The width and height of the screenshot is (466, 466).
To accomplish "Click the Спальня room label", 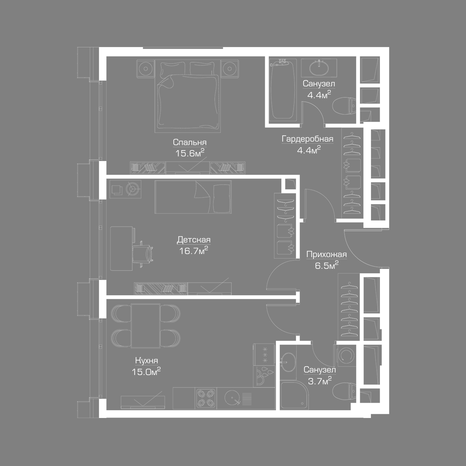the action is (x=190, y=142).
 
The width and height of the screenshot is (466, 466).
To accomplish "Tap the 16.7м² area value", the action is (x=193, y=251).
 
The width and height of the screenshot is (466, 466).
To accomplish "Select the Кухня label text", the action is (x=146, y=360).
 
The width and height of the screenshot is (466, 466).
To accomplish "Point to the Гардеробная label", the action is (x=307, y=139).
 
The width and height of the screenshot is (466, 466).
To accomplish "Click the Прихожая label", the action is (x=326, y=254).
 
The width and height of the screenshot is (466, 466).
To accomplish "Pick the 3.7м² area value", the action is (x=320, y=381).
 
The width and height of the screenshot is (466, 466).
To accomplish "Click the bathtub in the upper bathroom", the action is (x=283, y=90).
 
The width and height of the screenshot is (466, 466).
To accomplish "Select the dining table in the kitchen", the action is (x=145, y=326).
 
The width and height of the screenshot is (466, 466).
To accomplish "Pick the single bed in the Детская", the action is (x=193, y=197).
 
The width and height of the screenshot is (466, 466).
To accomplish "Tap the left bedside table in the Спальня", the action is (x=145, y=69).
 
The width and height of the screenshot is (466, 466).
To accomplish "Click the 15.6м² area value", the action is (x=190, y=153).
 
